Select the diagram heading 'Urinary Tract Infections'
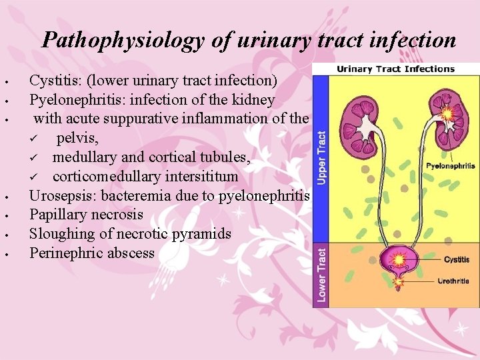click(395, 69)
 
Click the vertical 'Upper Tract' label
click(322, 157)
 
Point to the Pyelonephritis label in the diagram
click(451, 165)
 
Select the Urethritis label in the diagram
click(453, 281)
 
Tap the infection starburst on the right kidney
click(447, 114)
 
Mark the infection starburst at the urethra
click(399, 282)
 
